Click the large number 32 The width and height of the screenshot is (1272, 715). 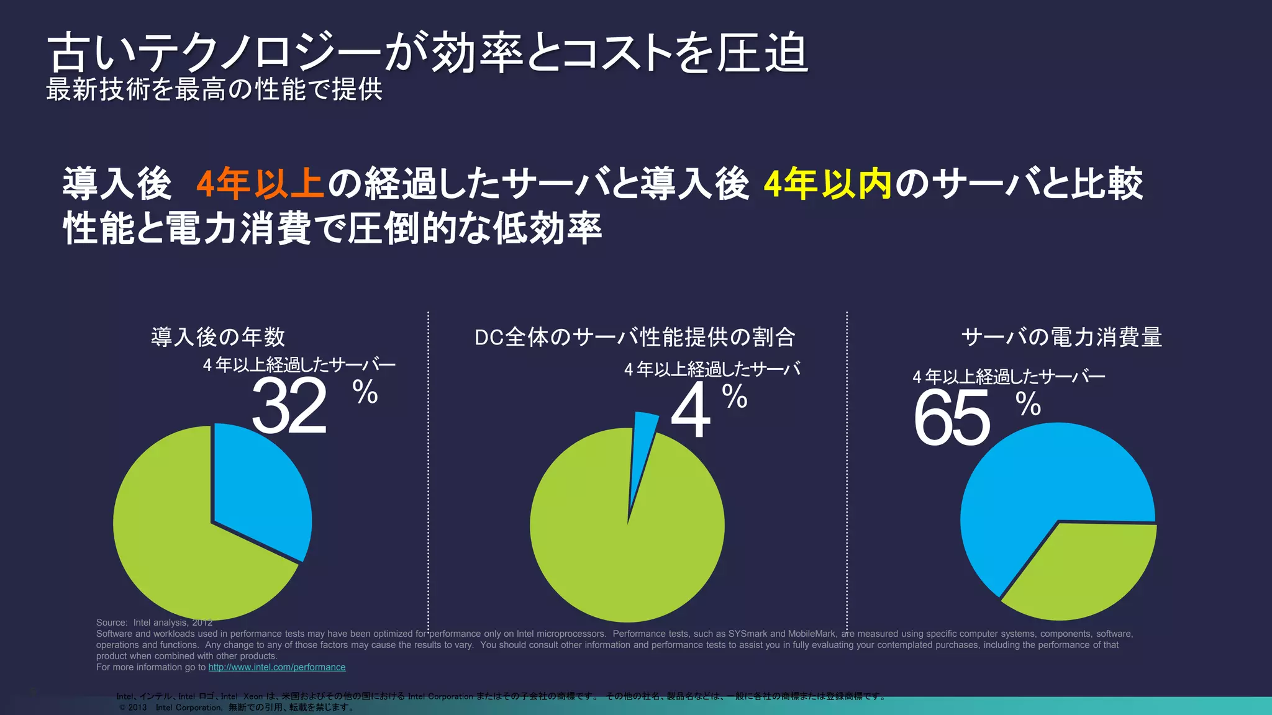(x=289, y=407)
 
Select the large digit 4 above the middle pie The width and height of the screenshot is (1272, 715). (x=691, y=410)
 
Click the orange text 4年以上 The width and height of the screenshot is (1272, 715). (x=260, y=184)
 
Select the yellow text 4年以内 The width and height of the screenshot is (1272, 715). (x=827, y=184)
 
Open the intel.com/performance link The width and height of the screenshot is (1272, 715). (x=277, y=667)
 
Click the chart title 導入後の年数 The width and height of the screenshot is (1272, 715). (x=218, y=337)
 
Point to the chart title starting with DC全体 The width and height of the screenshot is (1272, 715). (x=635, y=337)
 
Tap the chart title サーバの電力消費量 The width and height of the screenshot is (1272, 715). (x=1061, y=337)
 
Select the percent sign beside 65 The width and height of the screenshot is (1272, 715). (x=1028, y=405)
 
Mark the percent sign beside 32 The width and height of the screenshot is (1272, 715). (x=365, y=392)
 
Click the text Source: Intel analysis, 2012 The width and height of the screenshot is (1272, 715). (x=154, y=623)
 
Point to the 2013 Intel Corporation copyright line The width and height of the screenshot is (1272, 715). (x=236, y=708)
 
